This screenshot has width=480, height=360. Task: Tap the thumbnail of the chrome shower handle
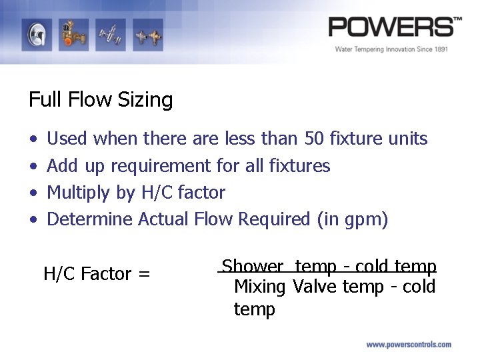click(x=36, y=34)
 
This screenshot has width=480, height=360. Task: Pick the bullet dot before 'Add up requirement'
click(x=33, y=166)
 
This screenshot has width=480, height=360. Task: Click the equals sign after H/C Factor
click(x=145, y=274)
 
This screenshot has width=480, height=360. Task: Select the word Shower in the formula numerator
click(x=252, y=267)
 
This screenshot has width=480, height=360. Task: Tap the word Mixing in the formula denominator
click(x=260, y=287)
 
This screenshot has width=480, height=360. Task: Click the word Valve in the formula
click(x=315, y=287)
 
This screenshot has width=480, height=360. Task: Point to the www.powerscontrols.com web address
click(x=409, y=345)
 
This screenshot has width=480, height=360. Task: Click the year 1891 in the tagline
click(x=438, y=49)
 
